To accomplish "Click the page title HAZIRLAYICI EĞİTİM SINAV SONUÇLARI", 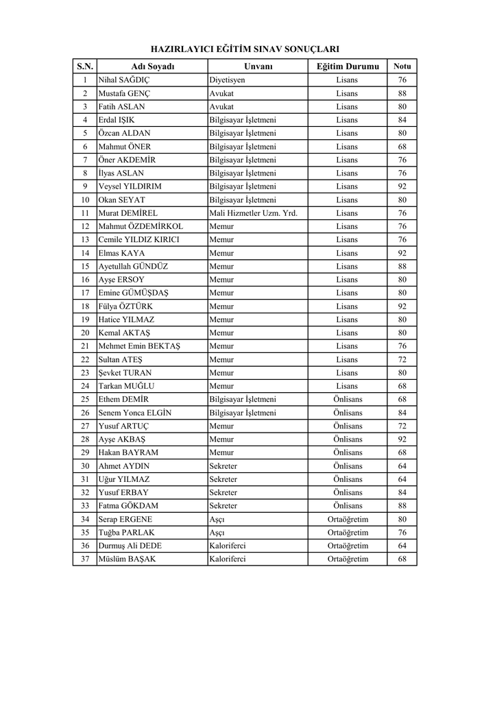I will click(245, 49).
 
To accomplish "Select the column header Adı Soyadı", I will click(153, 66).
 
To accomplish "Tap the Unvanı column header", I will click(258, 66).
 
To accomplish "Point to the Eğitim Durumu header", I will click(347, 66).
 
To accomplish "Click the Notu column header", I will click(402, 66).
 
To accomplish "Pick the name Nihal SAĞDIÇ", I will click(124, 80).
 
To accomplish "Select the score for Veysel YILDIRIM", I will click(402, 186).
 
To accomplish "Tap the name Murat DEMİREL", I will click(128, 213).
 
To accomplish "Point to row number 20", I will click(85, 333).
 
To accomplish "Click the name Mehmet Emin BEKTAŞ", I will click(140, 346).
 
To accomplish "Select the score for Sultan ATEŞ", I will click(402, 359).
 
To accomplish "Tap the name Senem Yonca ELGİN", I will click(135, 413).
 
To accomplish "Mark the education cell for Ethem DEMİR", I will click(348, 400).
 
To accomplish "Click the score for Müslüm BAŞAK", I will click(402, 559).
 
